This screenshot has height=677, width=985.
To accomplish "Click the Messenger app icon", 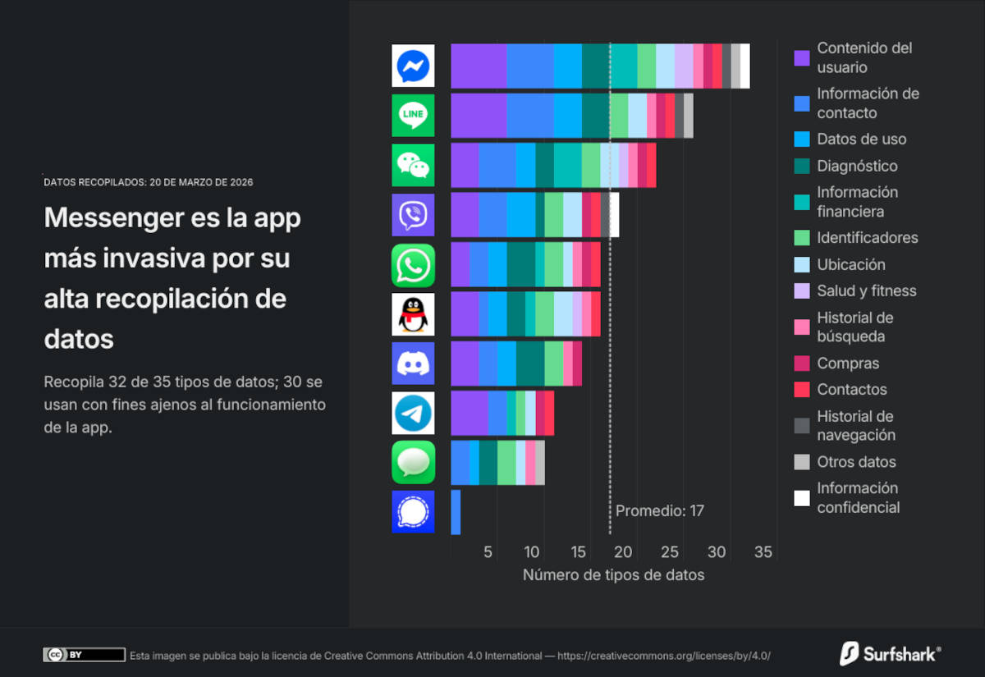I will click(x=413, y=66).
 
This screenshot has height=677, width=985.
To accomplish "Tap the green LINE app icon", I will click(x=413, y=116).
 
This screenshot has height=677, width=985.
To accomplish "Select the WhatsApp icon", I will click(x=413, y=265).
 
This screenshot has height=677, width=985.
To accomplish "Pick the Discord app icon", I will click(x=413, y=364).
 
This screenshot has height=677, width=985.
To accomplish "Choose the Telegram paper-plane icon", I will click(x=413, y=413).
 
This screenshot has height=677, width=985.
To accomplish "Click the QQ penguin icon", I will click(x=413, y=314).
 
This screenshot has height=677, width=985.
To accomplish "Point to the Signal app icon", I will click(x=413, y=512).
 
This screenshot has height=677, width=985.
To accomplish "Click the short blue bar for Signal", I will click(x=456, y=512).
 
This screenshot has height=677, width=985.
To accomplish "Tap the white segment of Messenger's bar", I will click(x=745, y=66).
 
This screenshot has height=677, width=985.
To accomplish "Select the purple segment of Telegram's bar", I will click(x=470, y=413).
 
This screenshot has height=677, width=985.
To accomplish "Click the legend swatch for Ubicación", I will click(x=802, y=265).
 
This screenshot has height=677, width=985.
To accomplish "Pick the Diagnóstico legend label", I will click(x=857, y=166).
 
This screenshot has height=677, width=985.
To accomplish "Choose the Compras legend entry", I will click(x=848, y=363).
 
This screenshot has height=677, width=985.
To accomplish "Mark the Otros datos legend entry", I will click(x=856, y=462).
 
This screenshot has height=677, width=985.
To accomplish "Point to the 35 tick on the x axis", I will click(x=763, y=552).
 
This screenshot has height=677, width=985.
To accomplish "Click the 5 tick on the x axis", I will click(x=488, y=552).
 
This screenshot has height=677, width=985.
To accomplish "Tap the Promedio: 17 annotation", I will click(x=660, y=510).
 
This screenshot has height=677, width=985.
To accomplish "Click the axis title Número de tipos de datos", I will click(x=613, y=575).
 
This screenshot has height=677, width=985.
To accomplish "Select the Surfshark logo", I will click(x=890, y=654).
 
